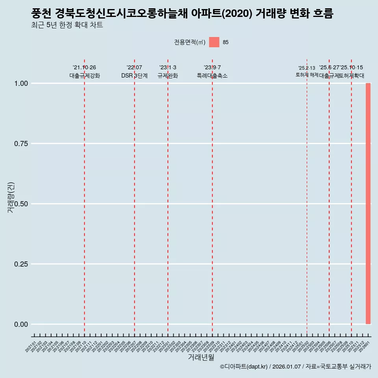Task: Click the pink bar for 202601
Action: [x=368, y=204]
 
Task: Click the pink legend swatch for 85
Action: [x=214, y=42]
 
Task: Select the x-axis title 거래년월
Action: [x=201, y=358]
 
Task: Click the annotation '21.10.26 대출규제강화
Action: [x=84, y=72]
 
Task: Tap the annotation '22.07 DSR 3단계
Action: [x=134, y=72]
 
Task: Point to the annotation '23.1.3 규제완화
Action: [x=168, y=72]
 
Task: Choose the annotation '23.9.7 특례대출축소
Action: [x=212, y=72]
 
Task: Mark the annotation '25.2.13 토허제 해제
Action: [x=307, y=71]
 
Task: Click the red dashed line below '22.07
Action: [x=134, y=197]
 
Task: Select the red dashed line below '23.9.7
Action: [x=212, y=197]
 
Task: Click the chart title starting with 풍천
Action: [x=182, y=14]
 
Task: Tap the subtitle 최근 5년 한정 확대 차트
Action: [x=67, y=25]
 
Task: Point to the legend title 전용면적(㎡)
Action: [x=189, y=42]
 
